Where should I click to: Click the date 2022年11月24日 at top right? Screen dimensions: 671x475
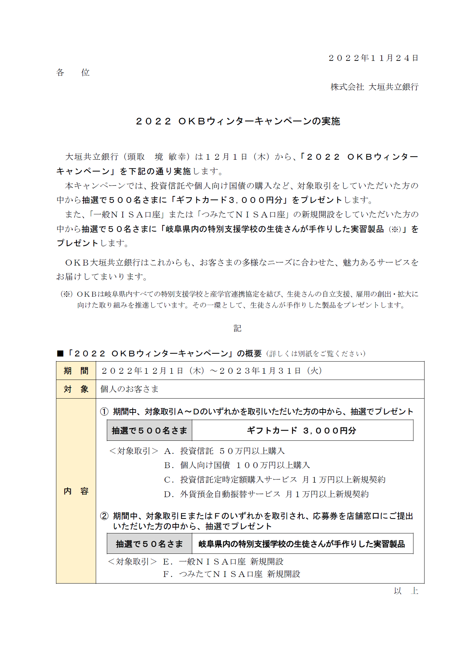coord(373,58)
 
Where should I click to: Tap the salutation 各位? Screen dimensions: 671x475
coord(73,73)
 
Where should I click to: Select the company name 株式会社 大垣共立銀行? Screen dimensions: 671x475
coord(374,87)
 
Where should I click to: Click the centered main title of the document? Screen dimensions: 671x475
coord(238,121)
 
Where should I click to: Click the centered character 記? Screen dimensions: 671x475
coord(237,328)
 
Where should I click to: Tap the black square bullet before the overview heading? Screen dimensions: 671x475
coord(60,354)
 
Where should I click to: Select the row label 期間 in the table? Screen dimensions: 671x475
coord(76,371)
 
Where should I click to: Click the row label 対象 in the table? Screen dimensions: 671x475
coord(76,389)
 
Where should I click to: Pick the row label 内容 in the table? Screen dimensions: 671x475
coord(76,491)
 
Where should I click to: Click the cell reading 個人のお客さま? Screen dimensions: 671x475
coord(129,389)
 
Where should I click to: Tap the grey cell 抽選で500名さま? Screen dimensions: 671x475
coord(149,431)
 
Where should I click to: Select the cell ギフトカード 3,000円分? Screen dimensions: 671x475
coord(301,431)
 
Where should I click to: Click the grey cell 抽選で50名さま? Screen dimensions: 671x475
coord(149,544)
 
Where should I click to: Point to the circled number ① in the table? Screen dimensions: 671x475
coord(104,412)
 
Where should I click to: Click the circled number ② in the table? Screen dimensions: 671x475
coord(104,516)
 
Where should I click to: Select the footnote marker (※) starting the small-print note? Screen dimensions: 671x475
coord(66,294)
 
